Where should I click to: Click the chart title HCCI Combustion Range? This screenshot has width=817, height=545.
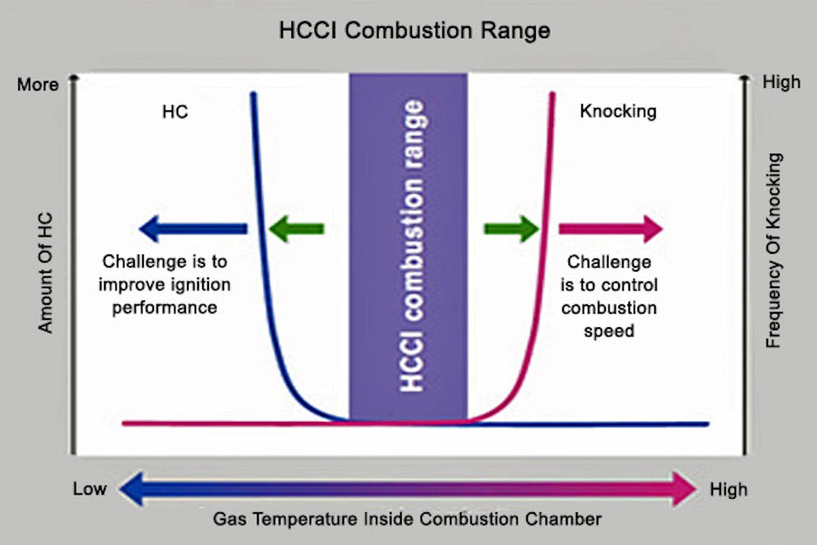[415, 31]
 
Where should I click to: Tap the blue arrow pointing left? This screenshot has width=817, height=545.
[193, 229]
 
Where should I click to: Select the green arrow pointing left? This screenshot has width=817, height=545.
[296, 229]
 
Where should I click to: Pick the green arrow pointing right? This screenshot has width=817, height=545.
[511, 229]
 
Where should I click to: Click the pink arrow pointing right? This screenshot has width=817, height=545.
[611, 229]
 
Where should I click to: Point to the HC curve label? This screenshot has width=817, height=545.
[175, 112]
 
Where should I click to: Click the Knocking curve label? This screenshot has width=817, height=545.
[618, 112]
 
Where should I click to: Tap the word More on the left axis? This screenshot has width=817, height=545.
[38, 84]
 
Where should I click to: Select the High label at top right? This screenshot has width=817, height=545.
[782, 82]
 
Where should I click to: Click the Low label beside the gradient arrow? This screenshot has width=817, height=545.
[90, 489]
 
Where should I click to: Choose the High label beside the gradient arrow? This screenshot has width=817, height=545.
[728, 490]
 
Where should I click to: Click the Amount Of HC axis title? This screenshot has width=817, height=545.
[46, 273]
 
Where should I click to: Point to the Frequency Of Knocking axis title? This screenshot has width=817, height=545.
[773, 250]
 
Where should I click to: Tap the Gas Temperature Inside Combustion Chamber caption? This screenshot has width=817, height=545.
[407, 519]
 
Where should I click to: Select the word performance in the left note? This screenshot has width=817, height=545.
[165, 308]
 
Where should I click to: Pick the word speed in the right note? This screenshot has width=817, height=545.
[609, 331]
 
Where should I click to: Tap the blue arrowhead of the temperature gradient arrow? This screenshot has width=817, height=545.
[131, 489]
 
